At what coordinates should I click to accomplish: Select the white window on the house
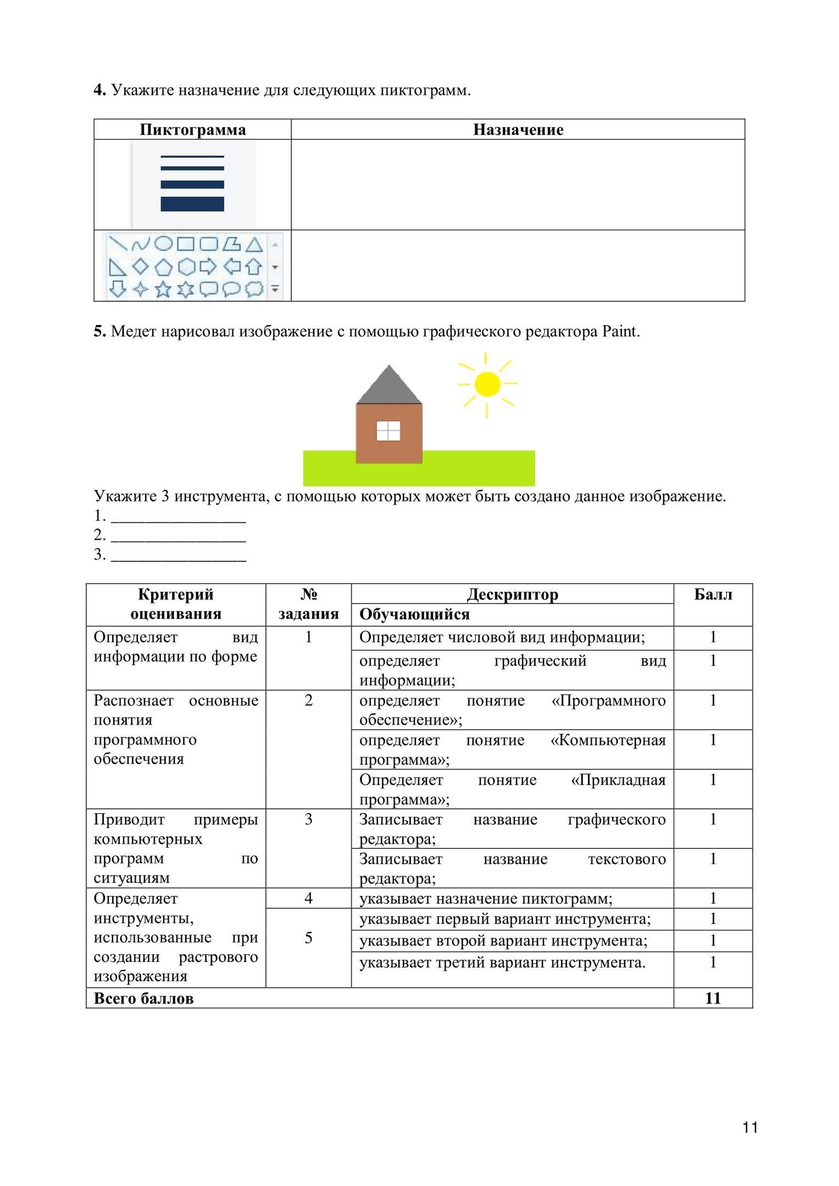click(388, 431)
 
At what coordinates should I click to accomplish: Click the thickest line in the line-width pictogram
click(192, 204)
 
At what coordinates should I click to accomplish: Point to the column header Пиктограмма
click(192, 130)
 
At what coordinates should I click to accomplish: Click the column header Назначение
click(518, 130)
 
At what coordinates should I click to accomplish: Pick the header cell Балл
click(713, 595)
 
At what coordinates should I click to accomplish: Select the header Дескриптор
click(512, 595)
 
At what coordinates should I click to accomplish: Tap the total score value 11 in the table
click(713, 998)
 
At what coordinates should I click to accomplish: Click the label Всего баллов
click(144, 998)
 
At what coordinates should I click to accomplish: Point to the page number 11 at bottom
click(750, 1128)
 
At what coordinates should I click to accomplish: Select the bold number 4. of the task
click(99, 90)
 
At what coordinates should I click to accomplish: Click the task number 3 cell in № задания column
click(308, 819)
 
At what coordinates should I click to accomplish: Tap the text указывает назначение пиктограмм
click(486, 899)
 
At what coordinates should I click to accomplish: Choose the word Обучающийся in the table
click(414, 614)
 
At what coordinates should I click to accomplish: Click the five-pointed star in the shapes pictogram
click(163, 288)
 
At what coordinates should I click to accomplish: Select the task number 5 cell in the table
click(308, 938)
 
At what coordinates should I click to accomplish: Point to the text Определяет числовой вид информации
click(502, 637)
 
